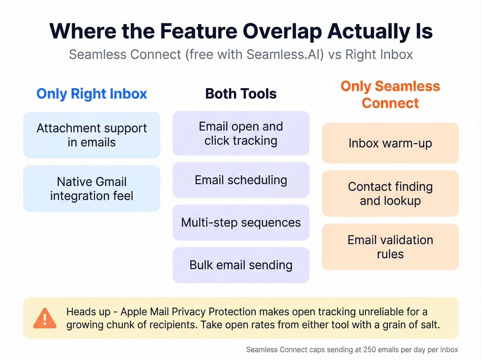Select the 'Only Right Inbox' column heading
pos(92,94)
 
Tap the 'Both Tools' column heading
pos(241,94)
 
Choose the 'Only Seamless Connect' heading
pos(390,94)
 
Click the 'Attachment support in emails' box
pos(92,135)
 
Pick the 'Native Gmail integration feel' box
pos(92,188)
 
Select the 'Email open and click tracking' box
pos(241,133)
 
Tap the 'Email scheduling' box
pos(241,180)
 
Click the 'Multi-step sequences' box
pos(241,223)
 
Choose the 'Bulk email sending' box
pos(241,265)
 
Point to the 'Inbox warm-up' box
pos(390,143)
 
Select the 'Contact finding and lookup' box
pos(390,193)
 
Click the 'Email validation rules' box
pos(390,247)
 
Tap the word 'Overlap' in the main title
pos(282,31)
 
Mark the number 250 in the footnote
pos(369,350)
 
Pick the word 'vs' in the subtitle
pos(335,54)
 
